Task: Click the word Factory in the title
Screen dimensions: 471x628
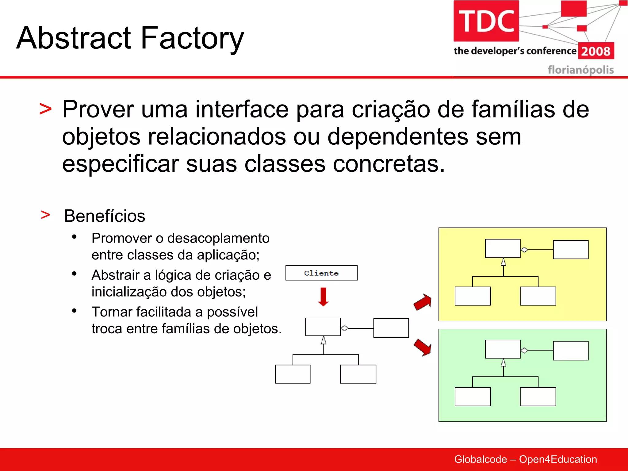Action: coord(192,38)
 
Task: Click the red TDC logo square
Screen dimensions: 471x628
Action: coord(486,21)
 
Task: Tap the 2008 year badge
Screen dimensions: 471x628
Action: coord(596,51)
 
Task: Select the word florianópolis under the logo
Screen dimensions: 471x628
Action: coord(580,70)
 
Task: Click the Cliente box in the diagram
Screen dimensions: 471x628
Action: coord(321,273)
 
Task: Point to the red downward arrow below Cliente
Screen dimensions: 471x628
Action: coord(323,297)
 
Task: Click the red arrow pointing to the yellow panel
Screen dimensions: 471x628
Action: coord(423,302)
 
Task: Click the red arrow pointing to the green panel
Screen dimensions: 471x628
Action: coord(423,347)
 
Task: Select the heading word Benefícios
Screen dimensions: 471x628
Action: coord(105,216)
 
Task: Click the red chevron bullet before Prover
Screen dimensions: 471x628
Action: coord(45,109)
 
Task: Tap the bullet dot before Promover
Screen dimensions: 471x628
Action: coord(74,237)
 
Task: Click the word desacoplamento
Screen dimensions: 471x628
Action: coord(218,238)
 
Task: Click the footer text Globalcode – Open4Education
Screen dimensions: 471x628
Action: coord(525,459)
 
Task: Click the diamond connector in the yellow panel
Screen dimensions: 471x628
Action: coord(524,250)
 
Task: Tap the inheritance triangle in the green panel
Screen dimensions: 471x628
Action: coord(503,363)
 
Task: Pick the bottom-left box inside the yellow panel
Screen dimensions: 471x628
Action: coord(473,296)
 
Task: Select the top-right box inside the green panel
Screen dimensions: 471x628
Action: coord(571,350)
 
